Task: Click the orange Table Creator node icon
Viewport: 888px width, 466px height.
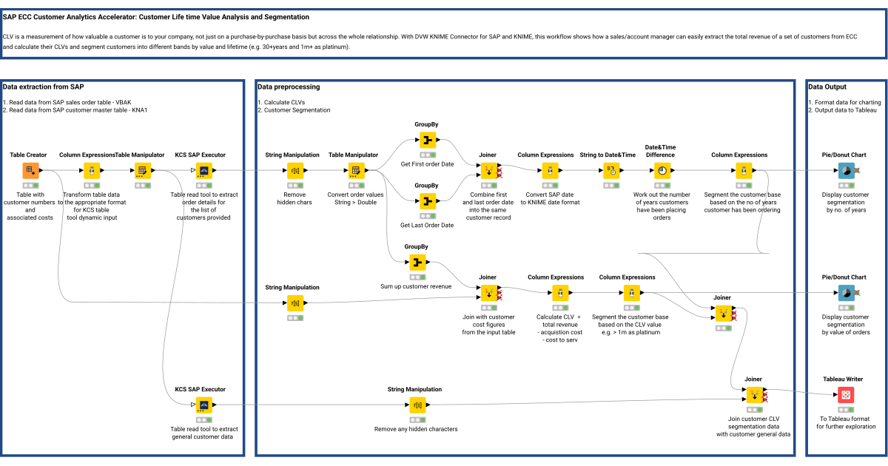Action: pyautogui.click(x=30, y=171)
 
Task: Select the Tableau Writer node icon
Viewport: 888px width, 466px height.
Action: pyautogui.click(x=845, y=395)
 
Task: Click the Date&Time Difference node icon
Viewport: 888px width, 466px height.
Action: pyautogui.click(x=662, y=171)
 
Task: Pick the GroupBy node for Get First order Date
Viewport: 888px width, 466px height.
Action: pyautogui.click(x=427, y=141)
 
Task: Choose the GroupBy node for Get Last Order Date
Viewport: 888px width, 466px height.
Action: pyautogui.click(x=427, y=201)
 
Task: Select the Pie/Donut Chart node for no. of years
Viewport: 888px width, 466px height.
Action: pyautogui.click(x=845, y=171)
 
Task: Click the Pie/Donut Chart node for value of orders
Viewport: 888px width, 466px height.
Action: pyautogui.click(x=845, y=293)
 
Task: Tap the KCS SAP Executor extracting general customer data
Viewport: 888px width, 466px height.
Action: pyautogui.click(x=203, y=405)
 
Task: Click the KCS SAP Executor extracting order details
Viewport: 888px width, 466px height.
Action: pyautogui.click(x=203, y=171)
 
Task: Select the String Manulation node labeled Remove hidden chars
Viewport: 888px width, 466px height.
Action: pyautogui.click(x=295, y=171)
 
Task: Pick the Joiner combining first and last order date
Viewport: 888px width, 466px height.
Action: pyautogui.click(x=488, y=171)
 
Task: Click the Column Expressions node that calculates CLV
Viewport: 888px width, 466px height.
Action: pyautogui.click(x=560, y=293)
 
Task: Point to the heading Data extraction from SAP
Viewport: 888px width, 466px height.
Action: pyautogui.click(x=43, y=87)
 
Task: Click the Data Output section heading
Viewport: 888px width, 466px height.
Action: pyautogui.click(x=827, y=87)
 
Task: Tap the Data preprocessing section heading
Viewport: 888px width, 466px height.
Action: pyautogui.click(x=289, y=87)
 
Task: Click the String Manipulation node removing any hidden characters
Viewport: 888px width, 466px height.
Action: pyautogui.click(x=417, y=405)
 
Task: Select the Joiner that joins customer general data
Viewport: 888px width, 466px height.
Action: pyautogui.click(x=754, y=395)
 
